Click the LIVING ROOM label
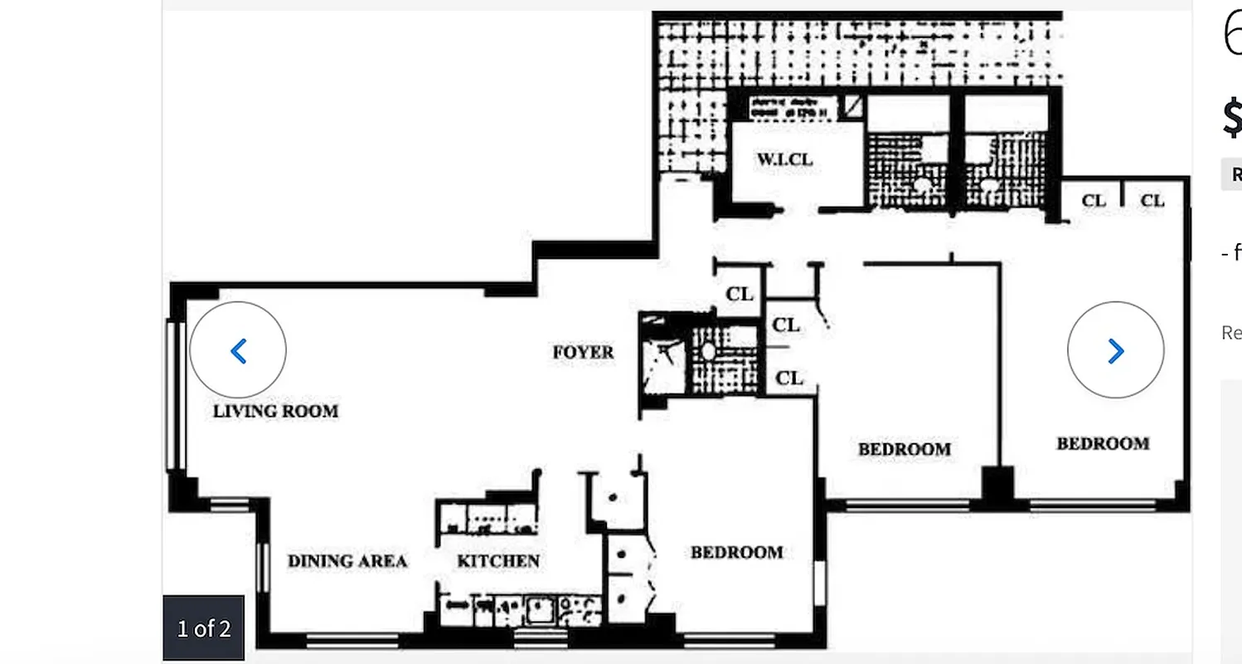point(275,411)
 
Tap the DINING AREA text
point(347,561)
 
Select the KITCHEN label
point(498,561)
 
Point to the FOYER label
point(584,352)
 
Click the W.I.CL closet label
point(784,159)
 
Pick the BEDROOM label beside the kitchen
point(736,552)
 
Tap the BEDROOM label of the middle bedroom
point(904,449)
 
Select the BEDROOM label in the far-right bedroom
point(1103,443)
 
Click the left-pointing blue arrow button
point(238,350)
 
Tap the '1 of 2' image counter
point(204,628)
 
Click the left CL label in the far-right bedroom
point(1094,200)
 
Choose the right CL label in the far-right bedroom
point(1152,200)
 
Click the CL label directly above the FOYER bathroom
point(740,294)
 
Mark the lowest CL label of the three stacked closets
point(789,378)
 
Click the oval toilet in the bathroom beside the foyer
point(709,351)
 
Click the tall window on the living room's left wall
point(173,395)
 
